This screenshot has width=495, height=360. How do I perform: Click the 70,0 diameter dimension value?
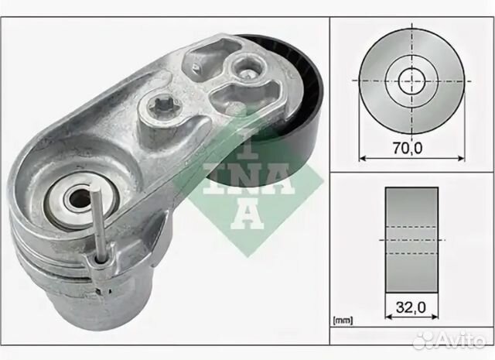pyautogui.click(x=408, y=148)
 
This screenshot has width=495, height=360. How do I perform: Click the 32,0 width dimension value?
pyautogui.click(x=411, y=307)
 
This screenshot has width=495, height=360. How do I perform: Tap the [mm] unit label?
pyautogui.click(x=343, y=321)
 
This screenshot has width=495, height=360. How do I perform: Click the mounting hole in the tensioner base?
pyautogui.click(x=77, y=198)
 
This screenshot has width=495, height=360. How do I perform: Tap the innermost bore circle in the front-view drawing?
pyautogui.click(x=411, y=81)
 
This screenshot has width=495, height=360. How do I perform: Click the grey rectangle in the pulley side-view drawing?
pyautogui.click(x=411, y=240)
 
